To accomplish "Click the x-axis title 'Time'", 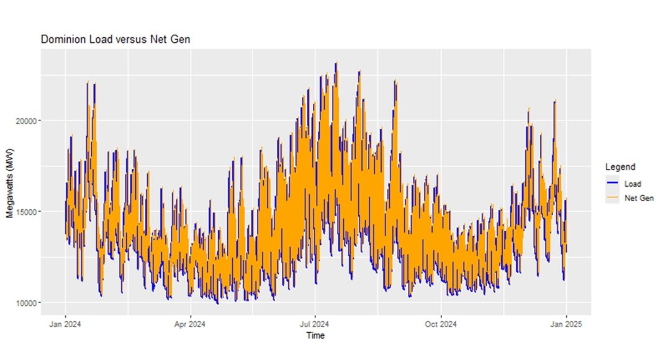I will (x=315, y=336).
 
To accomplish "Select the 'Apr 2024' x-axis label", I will (x=190, y=323).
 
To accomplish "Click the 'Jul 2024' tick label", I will (x=315, y=323).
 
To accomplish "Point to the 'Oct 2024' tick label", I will (x=440, y=323).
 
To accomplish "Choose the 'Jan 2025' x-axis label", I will (x=566, y=323).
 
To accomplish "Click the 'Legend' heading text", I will (x=620, y=167).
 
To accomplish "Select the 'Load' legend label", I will (x=633, y=184).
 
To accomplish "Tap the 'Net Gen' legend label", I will (x=639, y=198).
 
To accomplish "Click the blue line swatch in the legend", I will (x=613, y=184).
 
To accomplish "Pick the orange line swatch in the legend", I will (x=613, y=198).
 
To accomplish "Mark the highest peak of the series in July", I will (x=336, y=63).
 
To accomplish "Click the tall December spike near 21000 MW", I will (x=555, y=101).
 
